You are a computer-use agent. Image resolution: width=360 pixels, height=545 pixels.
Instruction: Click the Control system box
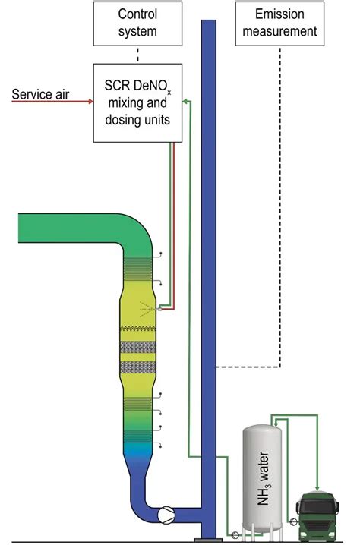click(x=137, y=23)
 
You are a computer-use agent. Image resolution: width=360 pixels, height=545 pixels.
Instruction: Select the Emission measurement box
click(x=279, y=23)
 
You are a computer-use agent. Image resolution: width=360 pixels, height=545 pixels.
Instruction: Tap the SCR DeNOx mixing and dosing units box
click(x=137, y=102)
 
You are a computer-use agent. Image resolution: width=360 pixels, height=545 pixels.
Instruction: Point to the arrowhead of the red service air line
click(x=90, y=95)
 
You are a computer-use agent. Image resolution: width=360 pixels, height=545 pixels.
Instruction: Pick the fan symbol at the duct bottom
click(x=164, y=513)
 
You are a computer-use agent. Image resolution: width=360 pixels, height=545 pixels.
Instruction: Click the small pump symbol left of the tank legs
click(x=235, y=534)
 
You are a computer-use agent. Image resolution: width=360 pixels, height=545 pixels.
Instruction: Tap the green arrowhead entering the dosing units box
click(x=186, y=102)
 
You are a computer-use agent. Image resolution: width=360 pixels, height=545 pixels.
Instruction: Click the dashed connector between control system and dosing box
click(x=137, y=54)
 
